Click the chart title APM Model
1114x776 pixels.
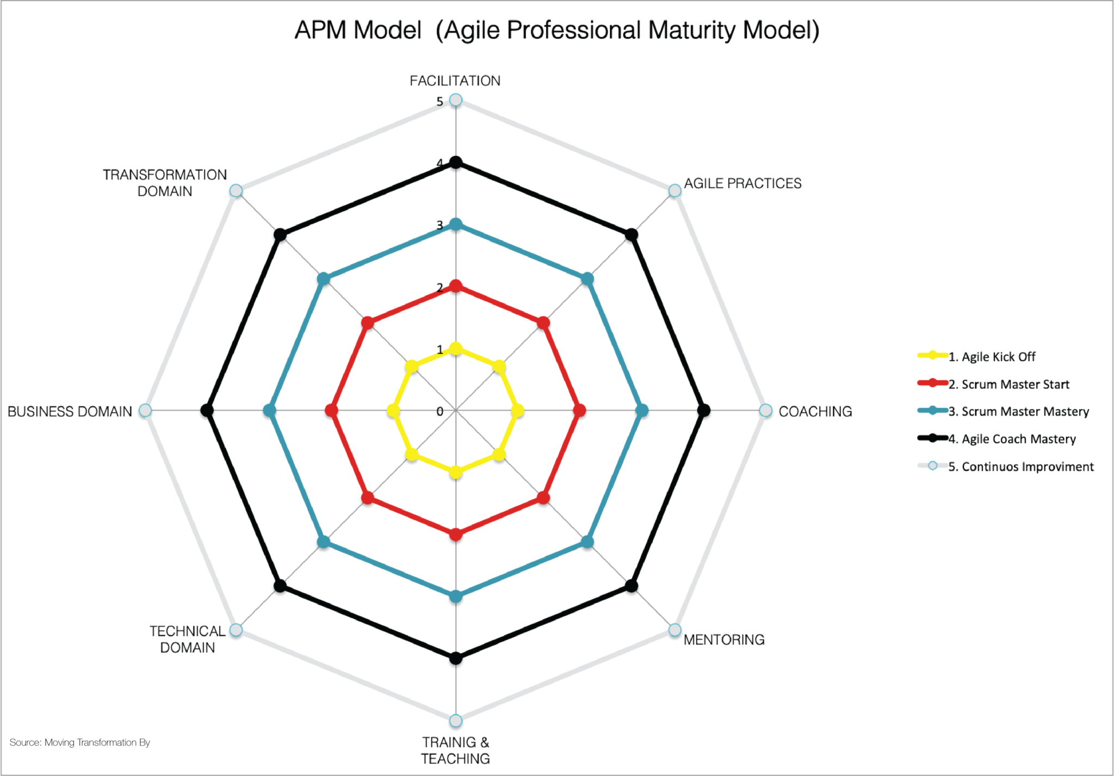[556, 30]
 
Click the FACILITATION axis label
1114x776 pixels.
[455, 81]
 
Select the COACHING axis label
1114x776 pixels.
[815, 412]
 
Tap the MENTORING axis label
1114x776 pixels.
[723, 640]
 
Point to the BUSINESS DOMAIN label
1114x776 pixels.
[70, 412]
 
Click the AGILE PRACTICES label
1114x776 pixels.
[742, 184]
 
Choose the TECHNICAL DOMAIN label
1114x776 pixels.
[187, 639]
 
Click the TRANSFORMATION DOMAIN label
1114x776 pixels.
[165, 183]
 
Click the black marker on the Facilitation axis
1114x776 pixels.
[456, 163]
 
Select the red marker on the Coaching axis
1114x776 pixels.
[580, 411]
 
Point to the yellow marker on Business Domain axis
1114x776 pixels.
[393, 411]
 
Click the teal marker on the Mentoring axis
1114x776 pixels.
[587, 542]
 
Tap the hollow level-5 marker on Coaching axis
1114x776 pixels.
[765, 411]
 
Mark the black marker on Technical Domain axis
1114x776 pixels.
[280, 586]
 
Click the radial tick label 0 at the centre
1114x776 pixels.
[440, 412]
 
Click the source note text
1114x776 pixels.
[80, 742]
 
